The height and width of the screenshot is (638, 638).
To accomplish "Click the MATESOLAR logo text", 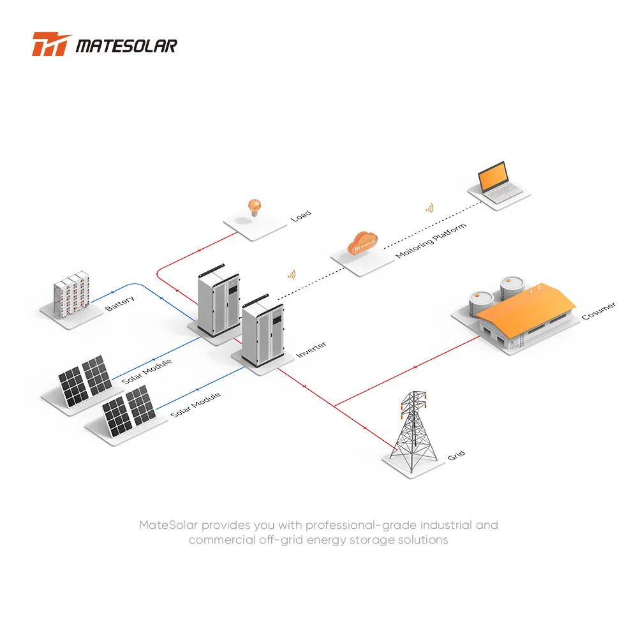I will pyautogui.click(x=126, y=46).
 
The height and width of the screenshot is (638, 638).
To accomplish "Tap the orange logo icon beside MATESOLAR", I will pyautogui.click(x=52, y=45).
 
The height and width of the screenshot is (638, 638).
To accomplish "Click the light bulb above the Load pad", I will pyautogui.click(x=254, y=207).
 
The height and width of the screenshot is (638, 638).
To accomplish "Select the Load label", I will pyautogui.click(x=300, y=216).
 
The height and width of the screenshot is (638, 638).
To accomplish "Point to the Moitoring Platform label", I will pyautogui.click(x=431, y=241).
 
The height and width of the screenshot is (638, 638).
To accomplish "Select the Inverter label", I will pyautogui.click(x=311, y=350).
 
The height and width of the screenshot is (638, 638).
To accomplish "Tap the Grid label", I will pyautogui.click(x=456, y=455).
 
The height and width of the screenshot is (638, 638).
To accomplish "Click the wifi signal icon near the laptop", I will pyautogui.click(x=429, y=208).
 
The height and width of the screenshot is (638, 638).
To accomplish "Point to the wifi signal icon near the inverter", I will pyautogui.click(x=291, y=274).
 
